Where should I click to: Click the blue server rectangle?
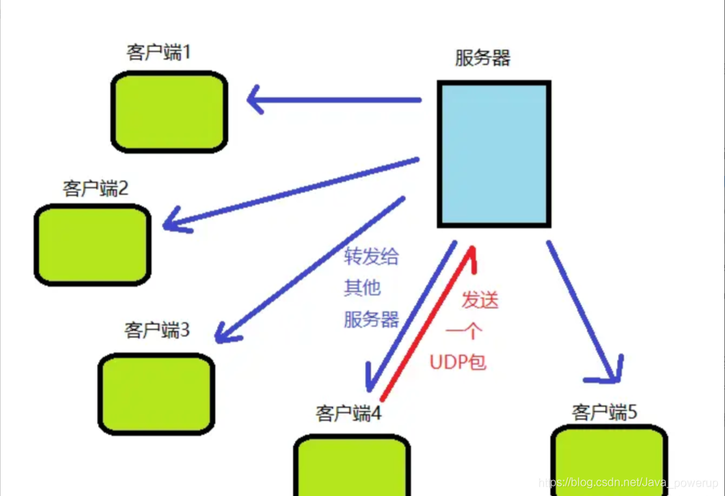tap(494, 154)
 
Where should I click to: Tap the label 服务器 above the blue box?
tap(483, 58)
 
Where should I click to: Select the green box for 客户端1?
tap(169, 112)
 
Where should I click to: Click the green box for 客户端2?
tap(93, 244)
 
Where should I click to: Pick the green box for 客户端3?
tap(156, 394)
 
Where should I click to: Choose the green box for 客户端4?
tap(352, 466)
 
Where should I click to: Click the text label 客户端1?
tap(158, 53)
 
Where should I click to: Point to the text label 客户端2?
tap(96, 189)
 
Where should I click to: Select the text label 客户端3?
tap(157, 330)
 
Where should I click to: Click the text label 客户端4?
tap(348, 414)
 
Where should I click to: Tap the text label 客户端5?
tap(605, 412)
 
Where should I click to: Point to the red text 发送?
tap(480, 300)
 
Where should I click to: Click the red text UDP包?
tap(458, 362)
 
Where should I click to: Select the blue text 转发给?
tap(372, 257)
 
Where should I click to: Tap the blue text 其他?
tap(362, 288)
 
